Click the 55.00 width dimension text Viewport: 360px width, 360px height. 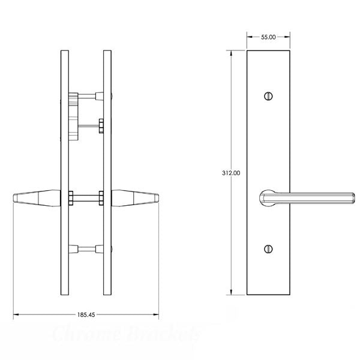coord(268,37)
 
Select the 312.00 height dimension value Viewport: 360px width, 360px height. coord(231,173)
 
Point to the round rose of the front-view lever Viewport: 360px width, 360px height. coord(268,199)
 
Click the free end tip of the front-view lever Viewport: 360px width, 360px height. coord(352,199)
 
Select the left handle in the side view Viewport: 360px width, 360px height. coord(35,198)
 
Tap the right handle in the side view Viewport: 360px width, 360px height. coord(135,198)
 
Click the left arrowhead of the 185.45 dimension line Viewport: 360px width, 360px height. coord(16,314)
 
